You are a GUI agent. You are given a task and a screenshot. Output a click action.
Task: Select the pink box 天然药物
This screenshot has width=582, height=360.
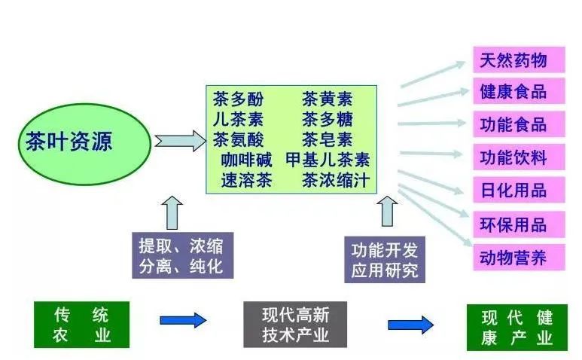[518, 59]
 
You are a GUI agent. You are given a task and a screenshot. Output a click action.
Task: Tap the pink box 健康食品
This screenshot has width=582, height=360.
[518, 92]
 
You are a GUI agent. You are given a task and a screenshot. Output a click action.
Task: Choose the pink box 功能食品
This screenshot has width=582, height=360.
[518, 124]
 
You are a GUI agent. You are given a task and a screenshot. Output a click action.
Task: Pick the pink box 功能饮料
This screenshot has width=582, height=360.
[518, 157]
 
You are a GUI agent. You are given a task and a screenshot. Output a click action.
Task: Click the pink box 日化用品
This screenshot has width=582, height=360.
[518, 190]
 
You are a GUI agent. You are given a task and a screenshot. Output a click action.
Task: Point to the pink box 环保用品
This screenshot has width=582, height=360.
[518, 224]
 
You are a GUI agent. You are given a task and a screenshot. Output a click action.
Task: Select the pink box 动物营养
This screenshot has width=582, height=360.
[518, 258]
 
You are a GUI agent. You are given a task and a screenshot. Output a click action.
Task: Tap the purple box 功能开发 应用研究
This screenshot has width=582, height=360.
[385, 259]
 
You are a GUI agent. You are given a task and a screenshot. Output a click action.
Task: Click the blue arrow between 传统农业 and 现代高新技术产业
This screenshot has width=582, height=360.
[183, 320]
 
